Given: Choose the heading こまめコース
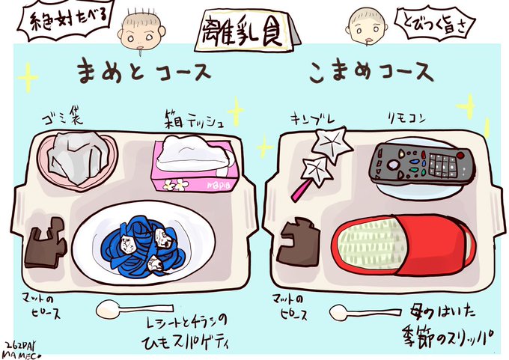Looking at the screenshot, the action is click(x=370, y=73).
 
